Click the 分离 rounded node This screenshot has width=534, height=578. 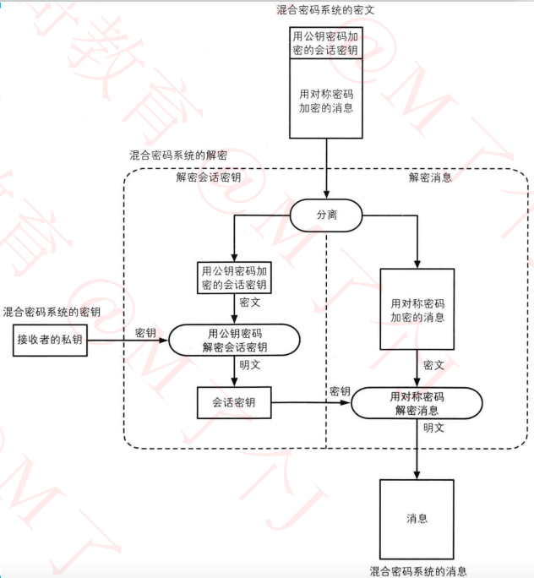coord(327,215)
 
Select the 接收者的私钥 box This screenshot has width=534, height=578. coord(51,341)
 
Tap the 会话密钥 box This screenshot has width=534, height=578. coord(235,403)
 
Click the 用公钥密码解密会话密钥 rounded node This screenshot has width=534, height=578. coord(235,341)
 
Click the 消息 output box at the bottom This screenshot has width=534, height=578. coord(417,517)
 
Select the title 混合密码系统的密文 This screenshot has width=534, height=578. coord(326,9)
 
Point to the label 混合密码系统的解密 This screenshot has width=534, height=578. coord(177,155)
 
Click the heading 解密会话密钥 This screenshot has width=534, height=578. coord(208,177)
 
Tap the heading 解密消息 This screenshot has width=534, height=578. coord(430,177)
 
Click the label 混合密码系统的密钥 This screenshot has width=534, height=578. coord(52,312)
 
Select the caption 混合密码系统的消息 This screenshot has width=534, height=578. coord(418,571)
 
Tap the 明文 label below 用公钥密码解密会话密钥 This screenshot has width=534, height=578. coord(249,365)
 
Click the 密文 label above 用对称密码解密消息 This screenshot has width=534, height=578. coord(433,365)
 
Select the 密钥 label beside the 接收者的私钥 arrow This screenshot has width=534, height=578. coord(145,332)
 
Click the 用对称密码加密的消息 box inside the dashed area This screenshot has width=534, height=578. coord(417,310)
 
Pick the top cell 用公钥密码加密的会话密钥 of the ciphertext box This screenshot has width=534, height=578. coord(325,43)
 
